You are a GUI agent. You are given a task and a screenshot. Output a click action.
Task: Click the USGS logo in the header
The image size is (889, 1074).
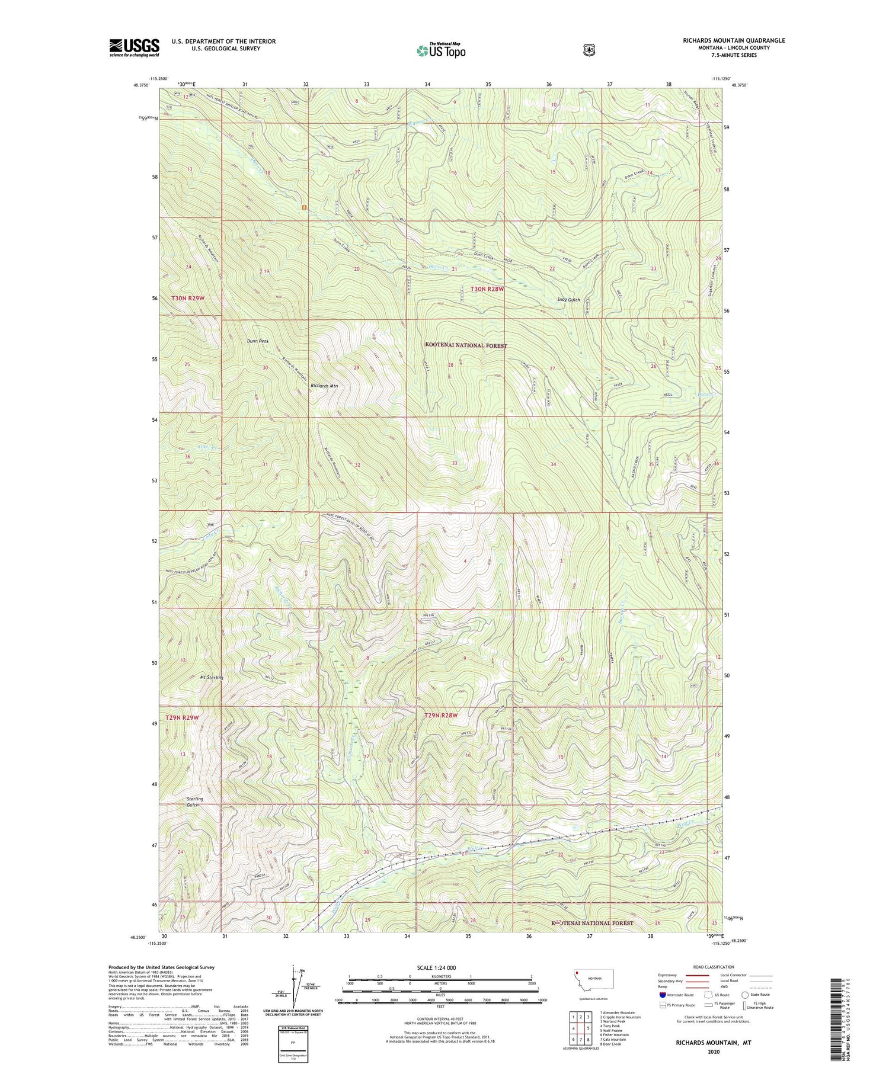click(x=135, y=47)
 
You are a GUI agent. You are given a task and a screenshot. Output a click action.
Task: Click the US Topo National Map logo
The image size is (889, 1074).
click(x=441, y=50)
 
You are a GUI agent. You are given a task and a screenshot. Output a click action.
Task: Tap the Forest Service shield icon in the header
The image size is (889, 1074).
click(x=589, y=50)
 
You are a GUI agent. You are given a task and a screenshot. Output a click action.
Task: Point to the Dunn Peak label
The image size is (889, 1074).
click(x=258, y=341)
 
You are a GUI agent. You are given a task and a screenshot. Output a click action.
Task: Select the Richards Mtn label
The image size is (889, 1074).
click(x=324, y=386)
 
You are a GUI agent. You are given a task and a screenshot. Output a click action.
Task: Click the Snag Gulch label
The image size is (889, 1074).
click(x=569, y=300)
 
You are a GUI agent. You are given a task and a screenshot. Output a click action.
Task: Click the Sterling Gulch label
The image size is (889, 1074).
click(x=194, y=802)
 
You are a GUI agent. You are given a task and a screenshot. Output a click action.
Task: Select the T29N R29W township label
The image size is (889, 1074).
click(x=182, y=717)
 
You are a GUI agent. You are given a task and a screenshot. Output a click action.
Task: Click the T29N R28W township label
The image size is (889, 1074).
click(x=442, y=716)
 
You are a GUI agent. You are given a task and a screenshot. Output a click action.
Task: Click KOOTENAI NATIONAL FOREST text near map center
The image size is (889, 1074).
click(x=466, y=345)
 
